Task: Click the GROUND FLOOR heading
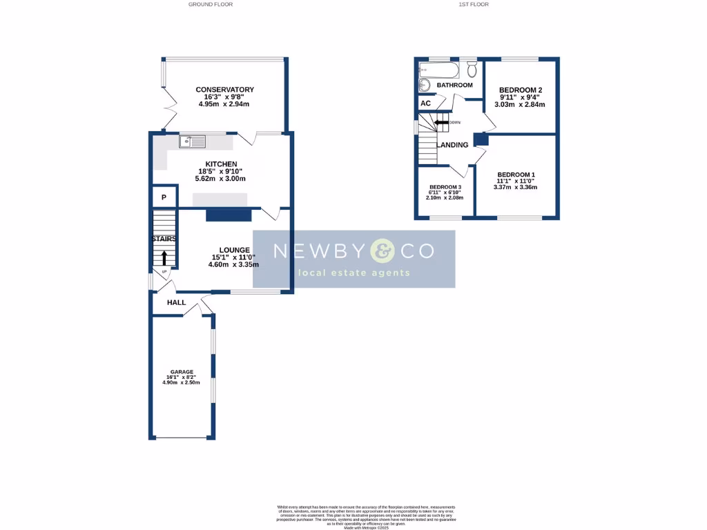[x=211, y=4]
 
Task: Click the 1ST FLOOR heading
[x=474, y=4]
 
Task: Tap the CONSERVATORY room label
[x=224, y=90]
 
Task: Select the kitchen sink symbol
[x=193, y=141]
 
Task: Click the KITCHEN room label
[x=222, y=164]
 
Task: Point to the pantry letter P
[x=164, y=197]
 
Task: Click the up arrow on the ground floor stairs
[x=164, y=257]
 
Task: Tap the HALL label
[x=176, y=302]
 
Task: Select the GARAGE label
[x=182, y=372]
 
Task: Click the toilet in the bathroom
[x=472, y=69]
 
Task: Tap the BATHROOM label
[x=454, y=85]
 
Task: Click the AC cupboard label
[x=425, y=104]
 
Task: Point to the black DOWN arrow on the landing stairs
[x=440, y=123]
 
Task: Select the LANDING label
[x=453, y=145]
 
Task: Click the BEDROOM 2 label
[x=521, y=90]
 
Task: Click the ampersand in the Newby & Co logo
[x=382, y=251]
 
